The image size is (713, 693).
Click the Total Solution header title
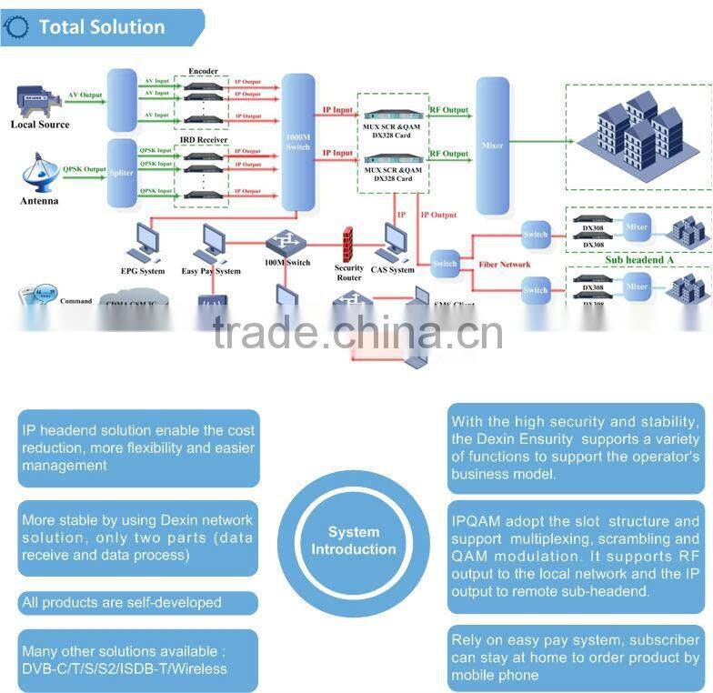pos(101,27)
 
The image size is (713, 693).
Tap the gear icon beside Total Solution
pos(16,28)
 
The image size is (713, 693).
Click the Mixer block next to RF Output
pos(493,146)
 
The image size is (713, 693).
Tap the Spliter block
pos(122,174)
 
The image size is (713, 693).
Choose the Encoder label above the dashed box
pos(202,71)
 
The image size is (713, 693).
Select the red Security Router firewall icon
pos(346,244)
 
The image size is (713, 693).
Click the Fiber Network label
pos(503,265)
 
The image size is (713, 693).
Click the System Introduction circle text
pos(354,540)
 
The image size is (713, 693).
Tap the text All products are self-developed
pos(121,602)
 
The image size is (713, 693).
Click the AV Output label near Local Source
pos(85,95)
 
